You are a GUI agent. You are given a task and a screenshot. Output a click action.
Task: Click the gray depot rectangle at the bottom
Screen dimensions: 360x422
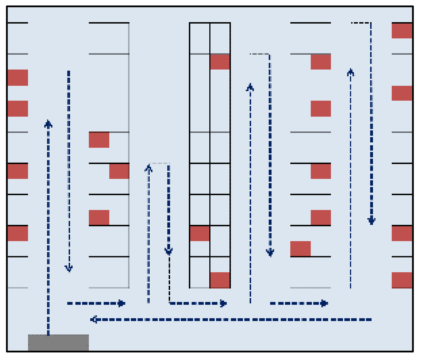58,342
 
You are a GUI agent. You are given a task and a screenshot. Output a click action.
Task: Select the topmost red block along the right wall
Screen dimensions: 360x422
402,31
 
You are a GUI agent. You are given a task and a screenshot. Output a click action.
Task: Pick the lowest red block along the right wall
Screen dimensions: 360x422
402,280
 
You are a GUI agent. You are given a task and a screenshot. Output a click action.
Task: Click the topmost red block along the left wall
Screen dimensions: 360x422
18,78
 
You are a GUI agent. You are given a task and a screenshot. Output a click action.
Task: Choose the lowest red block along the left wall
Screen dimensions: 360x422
18,233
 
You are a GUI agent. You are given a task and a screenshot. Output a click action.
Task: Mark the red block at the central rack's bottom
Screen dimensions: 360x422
220,280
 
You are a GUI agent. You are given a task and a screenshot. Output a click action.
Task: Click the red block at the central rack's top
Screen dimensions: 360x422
220,62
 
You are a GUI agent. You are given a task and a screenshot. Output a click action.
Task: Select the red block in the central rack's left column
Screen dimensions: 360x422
200,233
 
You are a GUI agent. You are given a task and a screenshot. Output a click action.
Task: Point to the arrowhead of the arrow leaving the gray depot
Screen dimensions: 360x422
48,124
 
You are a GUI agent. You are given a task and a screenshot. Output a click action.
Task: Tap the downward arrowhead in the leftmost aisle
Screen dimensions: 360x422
69,268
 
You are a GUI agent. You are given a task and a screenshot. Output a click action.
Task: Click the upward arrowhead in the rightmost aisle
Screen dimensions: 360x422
351,72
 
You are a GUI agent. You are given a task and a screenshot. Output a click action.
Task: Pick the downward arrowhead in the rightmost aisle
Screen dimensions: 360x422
371,220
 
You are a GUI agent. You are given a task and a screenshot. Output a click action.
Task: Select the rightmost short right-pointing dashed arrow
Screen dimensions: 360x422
299,303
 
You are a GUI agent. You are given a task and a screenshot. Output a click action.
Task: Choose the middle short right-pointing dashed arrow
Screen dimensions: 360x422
198,303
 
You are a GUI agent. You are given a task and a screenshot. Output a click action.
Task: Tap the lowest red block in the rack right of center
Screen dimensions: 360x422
300,249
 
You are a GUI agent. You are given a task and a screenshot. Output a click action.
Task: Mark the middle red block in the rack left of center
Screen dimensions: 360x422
119,171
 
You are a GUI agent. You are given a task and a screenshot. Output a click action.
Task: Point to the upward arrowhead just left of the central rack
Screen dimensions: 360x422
149,168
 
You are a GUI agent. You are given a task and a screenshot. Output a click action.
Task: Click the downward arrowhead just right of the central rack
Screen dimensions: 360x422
270,252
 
